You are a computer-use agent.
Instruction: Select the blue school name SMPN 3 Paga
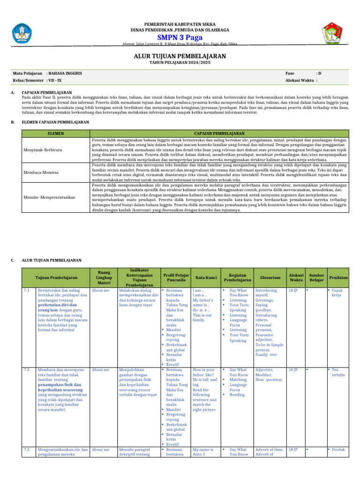(x=180, y=37)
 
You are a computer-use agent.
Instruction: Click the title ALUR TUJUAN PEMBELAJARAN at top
(x=180, y=56)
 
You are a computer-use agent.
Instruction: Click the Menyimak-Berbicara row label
(x=42, y=149)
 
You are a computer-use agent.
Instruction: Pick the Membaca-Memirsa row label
(x=41, y=172)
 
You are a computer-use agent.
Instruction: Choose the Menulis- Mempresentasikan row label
(x=49, y=197)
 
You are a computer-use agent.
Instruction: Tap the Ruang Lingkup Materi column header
(x=104, y=277)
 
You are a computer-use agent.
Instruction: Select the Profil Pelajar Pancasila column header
(x=176, y=277)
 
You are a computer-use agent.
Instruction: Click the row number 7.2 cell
(x=27, y=370)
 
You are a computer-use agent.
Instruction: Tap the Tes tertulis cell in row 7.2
(x=338, y=373)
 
